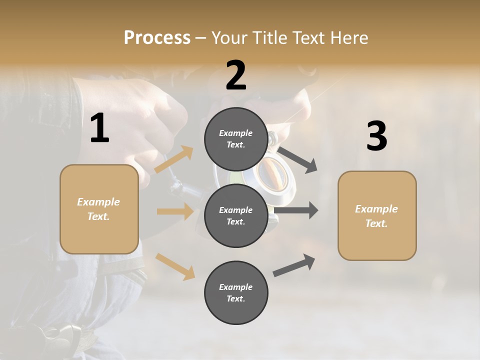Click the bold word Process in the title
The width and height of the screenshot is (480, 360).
pyautogui.click(x=157, y=38)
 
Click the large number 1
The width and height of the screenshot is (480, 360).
pyautogui.click(x=99, y=128)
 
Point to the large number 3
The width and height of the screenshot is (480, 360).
pyautogui.click(x=376, y=136)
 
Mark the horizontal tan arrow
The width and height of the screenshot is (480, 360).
pyautogui.click(x=175, y=211)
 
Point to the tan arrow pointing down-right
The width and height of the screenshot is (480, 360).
pyautogui.click(x=175, y=266)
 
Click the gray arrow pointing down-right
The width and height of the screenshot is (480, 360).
pyautogui.click(x=298, y=159)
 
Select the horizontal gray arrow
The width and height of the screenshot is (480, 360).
pyautogui.click(x=296, y=210)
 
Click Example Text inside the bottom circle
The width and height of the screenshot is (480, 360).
pyautogui.click(x=236, y=293)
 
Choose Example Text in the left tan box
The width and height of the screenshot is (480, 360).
pyautogui.click(x=99, y=209)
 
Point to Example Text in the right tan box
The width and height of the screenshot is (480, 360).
pyautogui.click(x=377, y=216)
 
